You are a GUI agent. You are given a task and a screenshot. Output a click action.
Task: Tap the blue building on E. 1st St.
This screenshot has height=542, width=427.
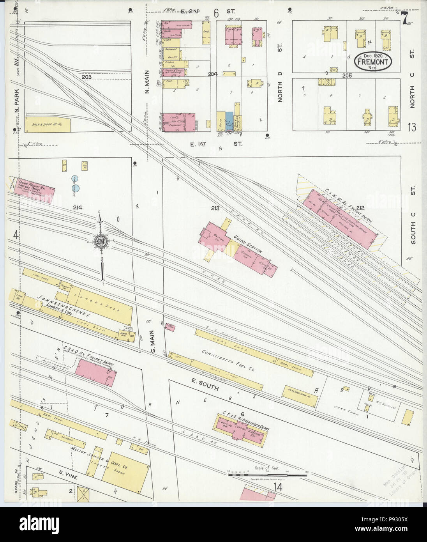(229, 121)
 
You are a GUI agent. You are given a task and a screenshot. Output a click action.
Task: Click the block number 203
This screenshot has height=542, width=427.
(86, 77)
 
